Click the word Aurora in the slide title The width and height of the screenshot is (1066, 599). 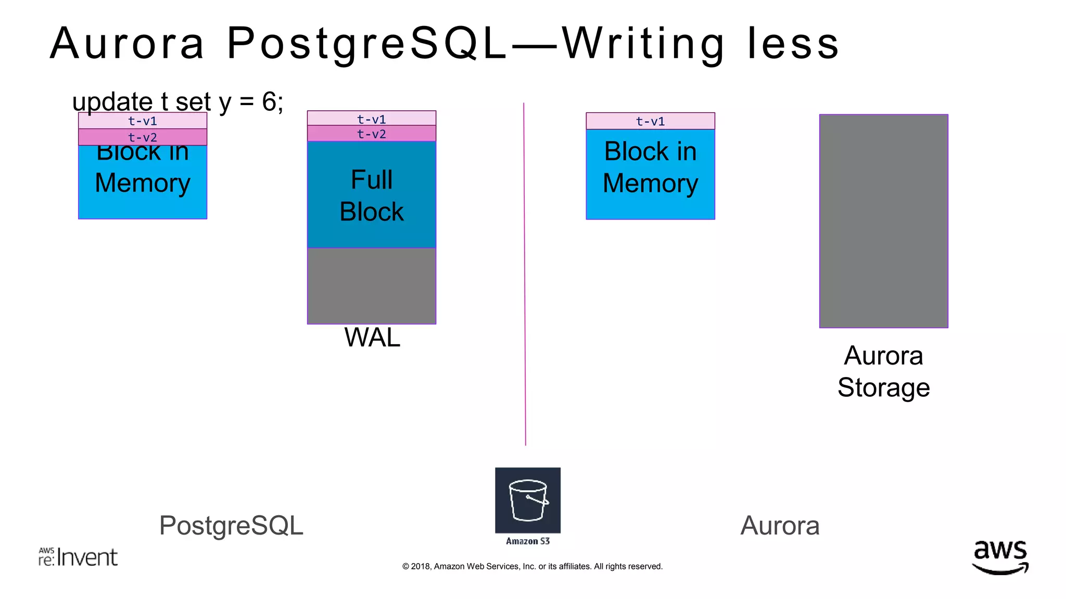point(128,44)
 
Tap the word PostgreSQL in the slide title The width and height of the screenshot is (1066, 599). point(367,44)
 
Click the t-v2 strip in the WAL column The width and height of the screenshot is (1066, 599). point(371,134)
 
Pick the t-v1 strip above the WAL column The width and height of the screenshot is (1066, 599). point(371,119)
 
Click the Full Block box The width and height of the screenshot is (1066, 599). point(371,195)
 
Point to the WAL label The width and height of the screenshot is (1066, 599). point(372,337)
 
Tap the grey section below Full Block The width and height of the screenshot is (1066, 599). point(371,285)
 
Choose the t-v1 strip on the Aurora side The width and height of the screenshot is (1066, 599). point(650,121)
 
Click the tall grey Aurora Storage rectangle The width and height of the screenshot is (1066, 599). point(883,221)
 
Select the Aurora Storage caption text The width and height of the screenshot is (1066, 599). point(883,371)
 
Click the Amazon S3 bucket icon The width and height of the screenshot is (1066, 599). point(528,500)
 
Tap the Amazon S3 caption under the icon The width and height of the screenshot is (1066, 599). point(528,541)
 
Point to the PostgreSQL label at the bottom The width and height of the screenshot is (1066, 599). point(231,525)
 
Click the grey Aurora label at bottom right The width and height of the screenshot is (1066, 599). point(780,525)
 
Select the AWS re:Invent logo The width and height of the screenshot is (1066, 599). point(78,557)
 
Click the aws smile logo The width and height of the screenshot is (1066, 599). point(1000,557)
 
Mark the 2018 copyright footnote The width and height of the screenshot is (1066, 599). point(532,566)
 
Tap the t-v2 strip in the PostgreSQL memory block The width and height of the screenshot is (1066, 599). point(143,137)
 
